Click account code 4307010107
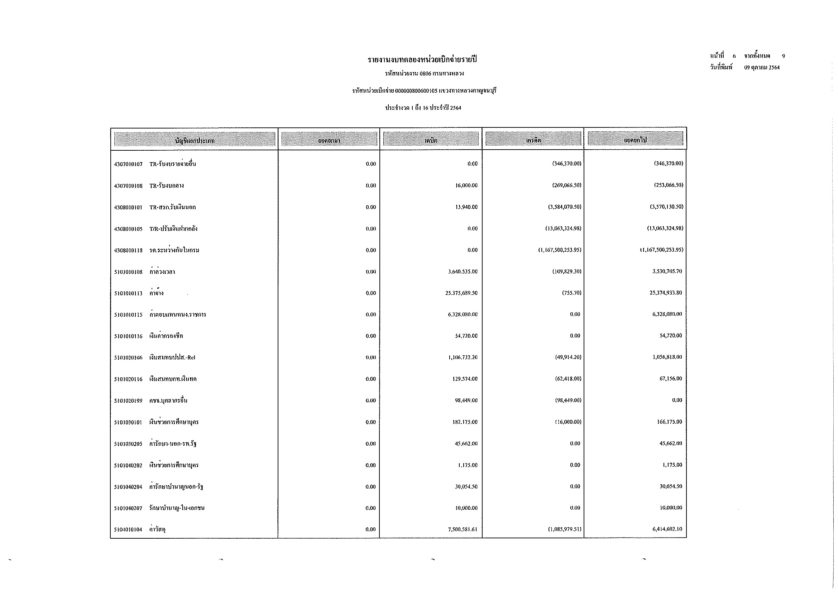[x=128, y=164]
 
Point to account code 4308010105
[x=128, y=229]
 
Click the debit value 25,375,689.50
[x=461, y=293]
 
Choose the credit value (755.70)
[x=571, y=293]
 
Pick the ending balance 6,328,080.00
[x=667, y=314]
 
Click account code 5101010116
[x=128, y=336]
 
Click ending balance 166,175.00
[x=669, y=422]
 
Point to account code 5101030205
[x=128, y=444]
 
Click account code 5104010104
[x=128, y=530]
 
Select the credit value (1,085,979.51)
[x=564, y=529]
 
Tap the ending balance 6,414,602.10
[x=667, y=529]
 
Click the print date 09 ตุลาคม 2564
[x=762, y=67]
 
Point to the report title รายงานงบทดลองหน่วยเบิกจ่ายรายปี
[x=422, y=60]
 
